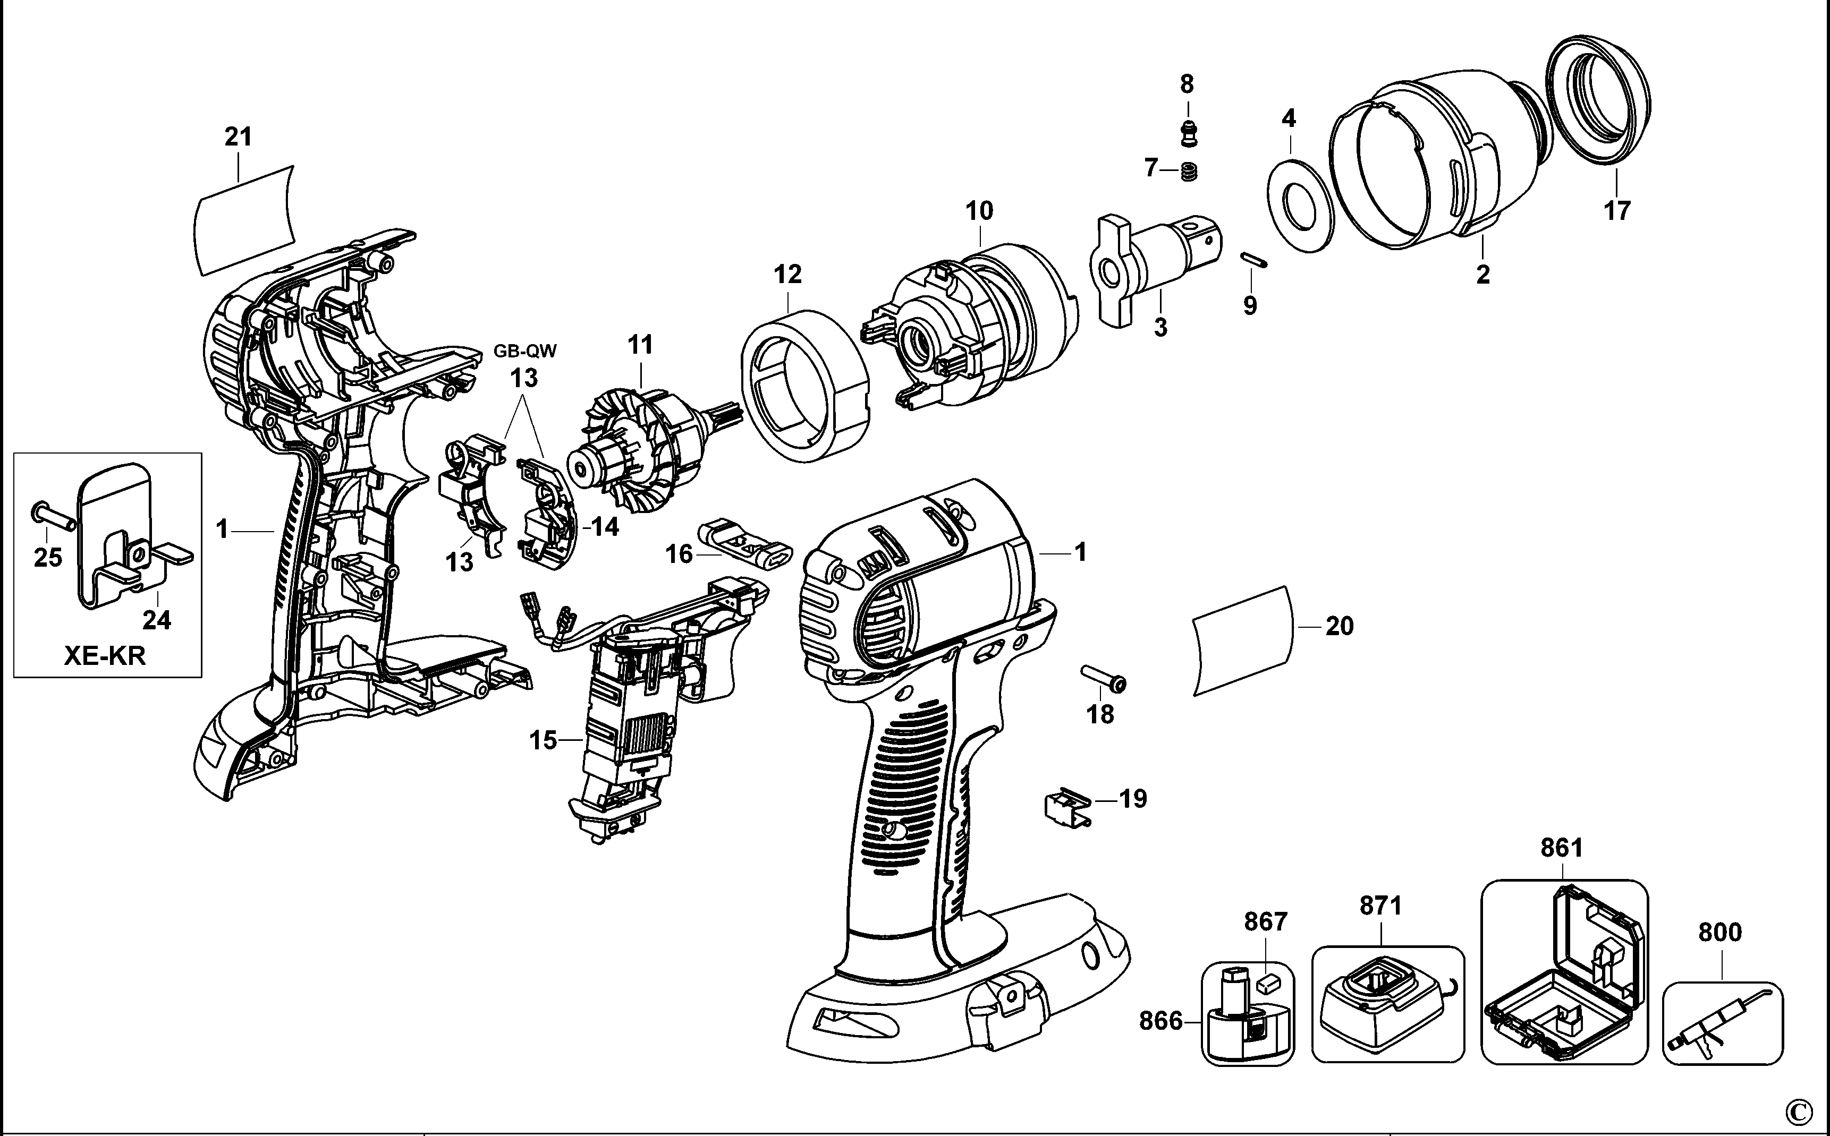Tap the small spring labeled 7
point(1189,172)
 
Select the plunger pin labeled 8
point(1188,133)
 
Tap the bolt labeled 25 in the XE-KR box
point(53,517)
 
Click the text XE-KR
point(105,655)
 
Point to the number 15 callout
point(543,741)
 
